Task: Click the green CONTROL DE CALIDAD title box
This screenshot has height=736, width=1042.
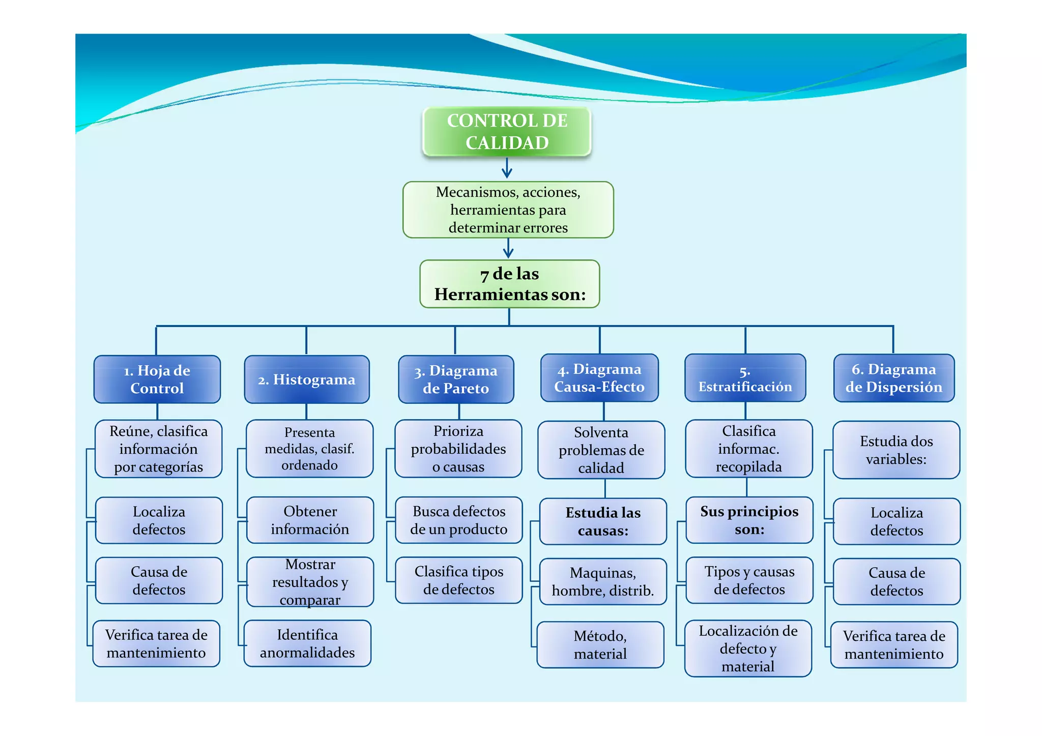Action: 507,131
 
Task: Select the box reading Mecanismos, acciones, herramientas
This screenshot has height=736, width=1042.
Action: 508,210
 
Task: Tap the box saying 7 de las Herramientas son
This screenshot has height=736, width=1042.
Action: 509,284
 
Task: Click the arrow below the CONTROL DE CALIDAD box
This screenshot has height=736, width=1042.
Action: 507,168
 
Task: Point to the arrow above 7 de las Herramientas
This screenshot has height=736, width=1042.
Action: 508,248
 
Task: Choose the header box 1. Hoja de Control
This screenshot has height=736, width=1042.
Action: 157,379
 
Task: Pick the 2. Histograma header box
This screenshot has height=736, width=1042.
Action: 306,379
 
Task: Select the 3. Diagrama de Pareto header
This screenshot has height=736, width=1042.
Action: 456,379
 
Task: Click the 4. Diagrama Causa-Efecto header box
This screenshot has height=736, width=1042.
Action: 599,378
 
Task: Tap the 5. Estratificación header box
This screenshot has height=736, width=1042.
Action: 745,378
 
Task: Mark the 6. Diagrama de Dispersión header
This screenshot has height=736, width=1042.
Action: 893,378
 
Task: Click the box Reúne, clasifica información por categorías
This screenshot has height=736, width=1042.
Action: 159,449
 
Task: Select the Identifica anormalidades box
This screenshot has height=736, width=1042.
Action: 307,643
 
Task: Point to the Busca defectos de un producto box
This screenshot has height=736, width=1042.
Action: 458,520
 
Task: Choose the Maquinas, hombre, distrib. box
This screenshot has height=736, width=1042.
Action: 603,581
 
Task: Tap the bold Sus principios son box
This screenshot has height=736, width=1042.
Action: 749,520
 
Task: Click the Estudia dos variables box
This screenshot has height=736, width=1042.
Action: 896,450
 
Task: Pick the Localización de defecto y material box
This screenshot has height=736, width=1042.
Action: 748,648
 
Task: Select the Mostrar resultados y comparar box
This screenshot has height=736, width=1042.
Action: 310,582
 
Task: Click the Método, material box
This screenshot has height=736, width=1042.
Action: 600,644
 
